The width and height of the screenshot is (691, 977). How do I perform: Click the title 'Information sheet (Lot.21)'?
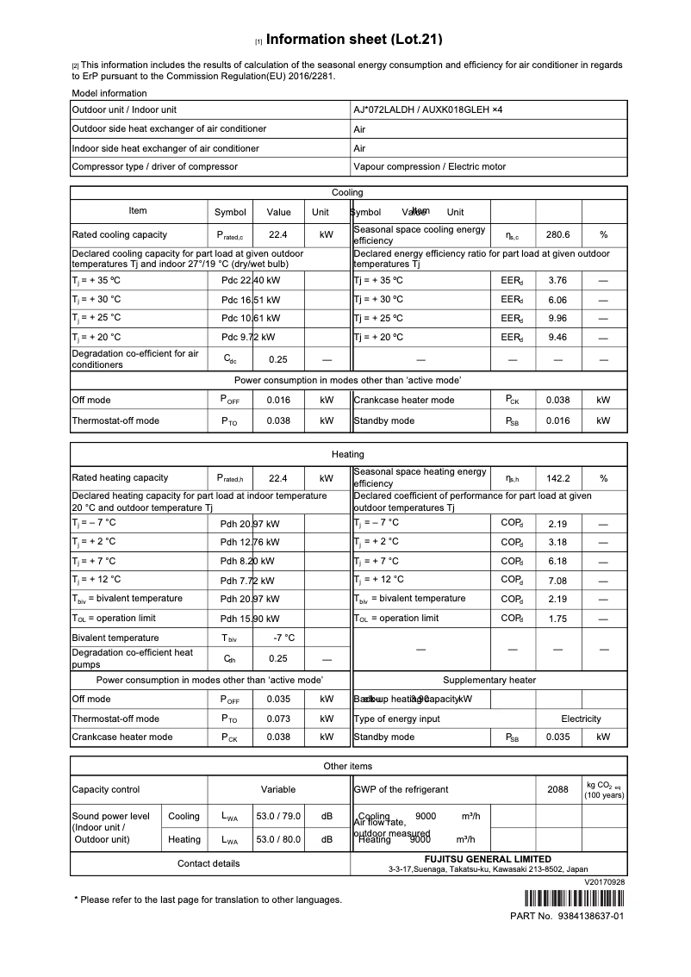pyautogui.click(x=354, y=40)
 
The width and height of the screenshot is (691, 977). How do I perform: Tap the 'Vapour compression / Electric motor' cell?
pyautogui.click(x=429, y=167)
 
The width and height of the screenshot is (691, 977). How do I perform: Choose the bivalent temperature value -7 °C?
pyautogui.click(x=283, y=638)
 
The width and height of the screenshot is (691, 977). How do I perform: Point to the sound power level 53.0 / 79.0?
pyautogui.click(x=278, y=817)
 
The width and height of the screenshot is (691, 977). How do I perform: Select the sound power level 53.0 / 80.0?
pyautogui.click(x=278, y=840)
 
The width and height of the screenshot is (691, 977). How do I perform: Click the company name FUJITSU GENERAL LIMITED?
pyautogui.click(x=488, y=859)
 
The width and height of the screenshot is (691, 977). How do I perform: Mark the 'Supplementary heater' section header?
pyautogui.click(x=489, y=680)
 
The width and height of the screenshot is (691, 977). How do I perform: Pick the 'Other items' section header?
pyautogui.click(x=347, y=766)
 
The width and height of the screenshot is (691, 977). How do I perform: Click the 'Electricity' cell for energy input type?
pyautogui.click(x=581, y=719)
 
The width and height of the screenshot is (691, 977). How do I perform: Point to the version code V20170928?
pyautogui.click(x=604, y=882)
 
